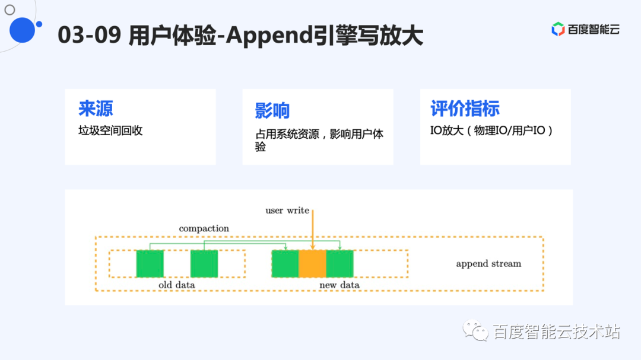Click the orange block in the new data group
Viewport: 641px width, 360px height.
(x=312, y=263)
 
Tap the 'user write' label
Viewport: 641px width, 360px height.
(x=287, y=211)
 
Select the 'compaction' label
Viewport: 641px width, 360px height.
(x=204, y=228)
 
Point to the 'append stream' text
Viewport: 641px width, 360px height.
(x=488, y=263)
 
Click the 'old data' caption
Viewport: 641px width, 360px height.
(x=177, y=285)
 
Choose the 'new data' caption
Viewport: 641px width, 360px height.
(x=339, y=285)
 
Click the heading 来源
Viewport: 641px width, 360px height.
(x=96, y=109)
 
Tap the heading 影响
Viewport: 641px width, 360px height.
(x=272, y=110)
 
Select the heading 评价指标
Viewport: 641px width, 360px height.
(x=465, y=109)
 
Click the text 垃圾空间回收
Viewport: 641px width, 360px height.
(x=110, y=130)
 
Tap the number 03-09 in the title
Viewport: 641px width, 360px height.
(x=90, y=35)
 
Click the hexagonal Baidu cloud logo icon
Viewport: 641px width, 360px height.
(x=558, y=29)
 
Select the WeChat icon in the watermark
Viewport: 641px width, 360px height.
(x=475, y=330)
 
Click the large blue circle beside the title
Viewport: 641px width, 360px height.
(x=22, y=30)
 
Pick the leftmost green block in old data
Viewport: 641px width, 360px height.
(x=150, y=263)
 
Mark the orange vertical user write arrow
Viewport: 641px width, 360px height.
(x=313, y=230)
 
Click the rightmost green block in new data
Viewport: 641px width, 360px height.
(x=339, y=263)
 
